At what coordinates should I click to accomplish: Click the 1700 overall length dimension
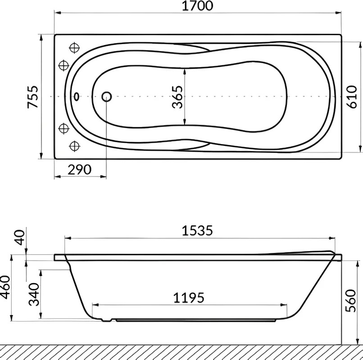tap(197, 6)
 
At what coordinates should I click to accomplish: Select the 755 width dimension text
tap(32, 97)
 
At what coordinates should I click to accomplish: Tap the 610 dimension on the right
tap(352, 97)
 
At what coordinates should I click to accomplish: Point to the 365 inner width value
tap(177, 97)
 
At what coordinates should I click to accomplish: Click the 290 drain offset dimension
tap(80, 170)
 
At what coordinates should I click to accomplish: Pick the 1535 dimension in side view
tap(197, 231)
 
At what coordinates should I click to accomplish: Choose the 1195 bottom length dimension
tap(189, 298)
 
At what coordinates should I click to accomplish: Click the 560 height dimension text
tap(350, 301)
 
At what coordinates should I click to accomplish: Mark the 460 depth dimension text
tap(5, 287)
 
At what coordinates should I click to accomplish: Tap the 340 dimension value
tap(34, 294)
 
